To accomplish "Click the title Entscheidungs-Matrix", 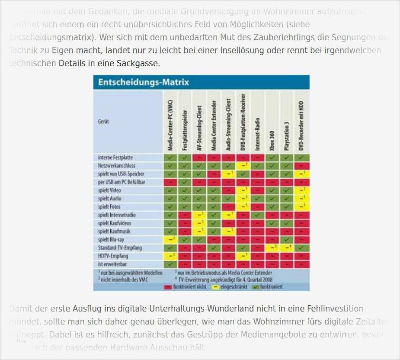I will pyautogui.click(x=144, y=82).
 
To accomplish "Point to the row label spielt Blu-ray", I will pyautogui.click(x=108, y=240).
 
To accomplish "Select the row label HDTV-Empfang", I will pyautogui.click(x=110, y=256).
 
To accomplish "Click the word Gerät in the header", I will pyautogui.click(x=103, y=122).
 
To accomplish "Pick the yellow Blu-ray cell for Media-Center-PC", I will pyautogui.click(x=171, y=240).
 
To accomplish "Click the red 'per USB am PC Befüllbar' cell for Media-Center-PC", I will pyautogui.click(x=171, y=182).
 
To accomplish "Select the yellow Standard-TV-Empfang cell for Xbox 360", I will pyautogui.click(x=272, y=248).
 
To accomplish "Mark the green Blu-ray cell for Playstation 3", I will pyautogui.click(x=287, y=240).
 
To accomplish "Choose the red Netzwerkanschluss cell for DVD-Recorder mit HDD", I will pyautogui.click(x=302, y=166).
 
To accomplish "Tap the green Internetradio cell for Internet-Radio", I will pyautogui.click(x=258, y=215).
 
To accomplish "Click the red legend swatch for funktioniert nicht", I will pyautogui.click(x=168, y=287).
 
